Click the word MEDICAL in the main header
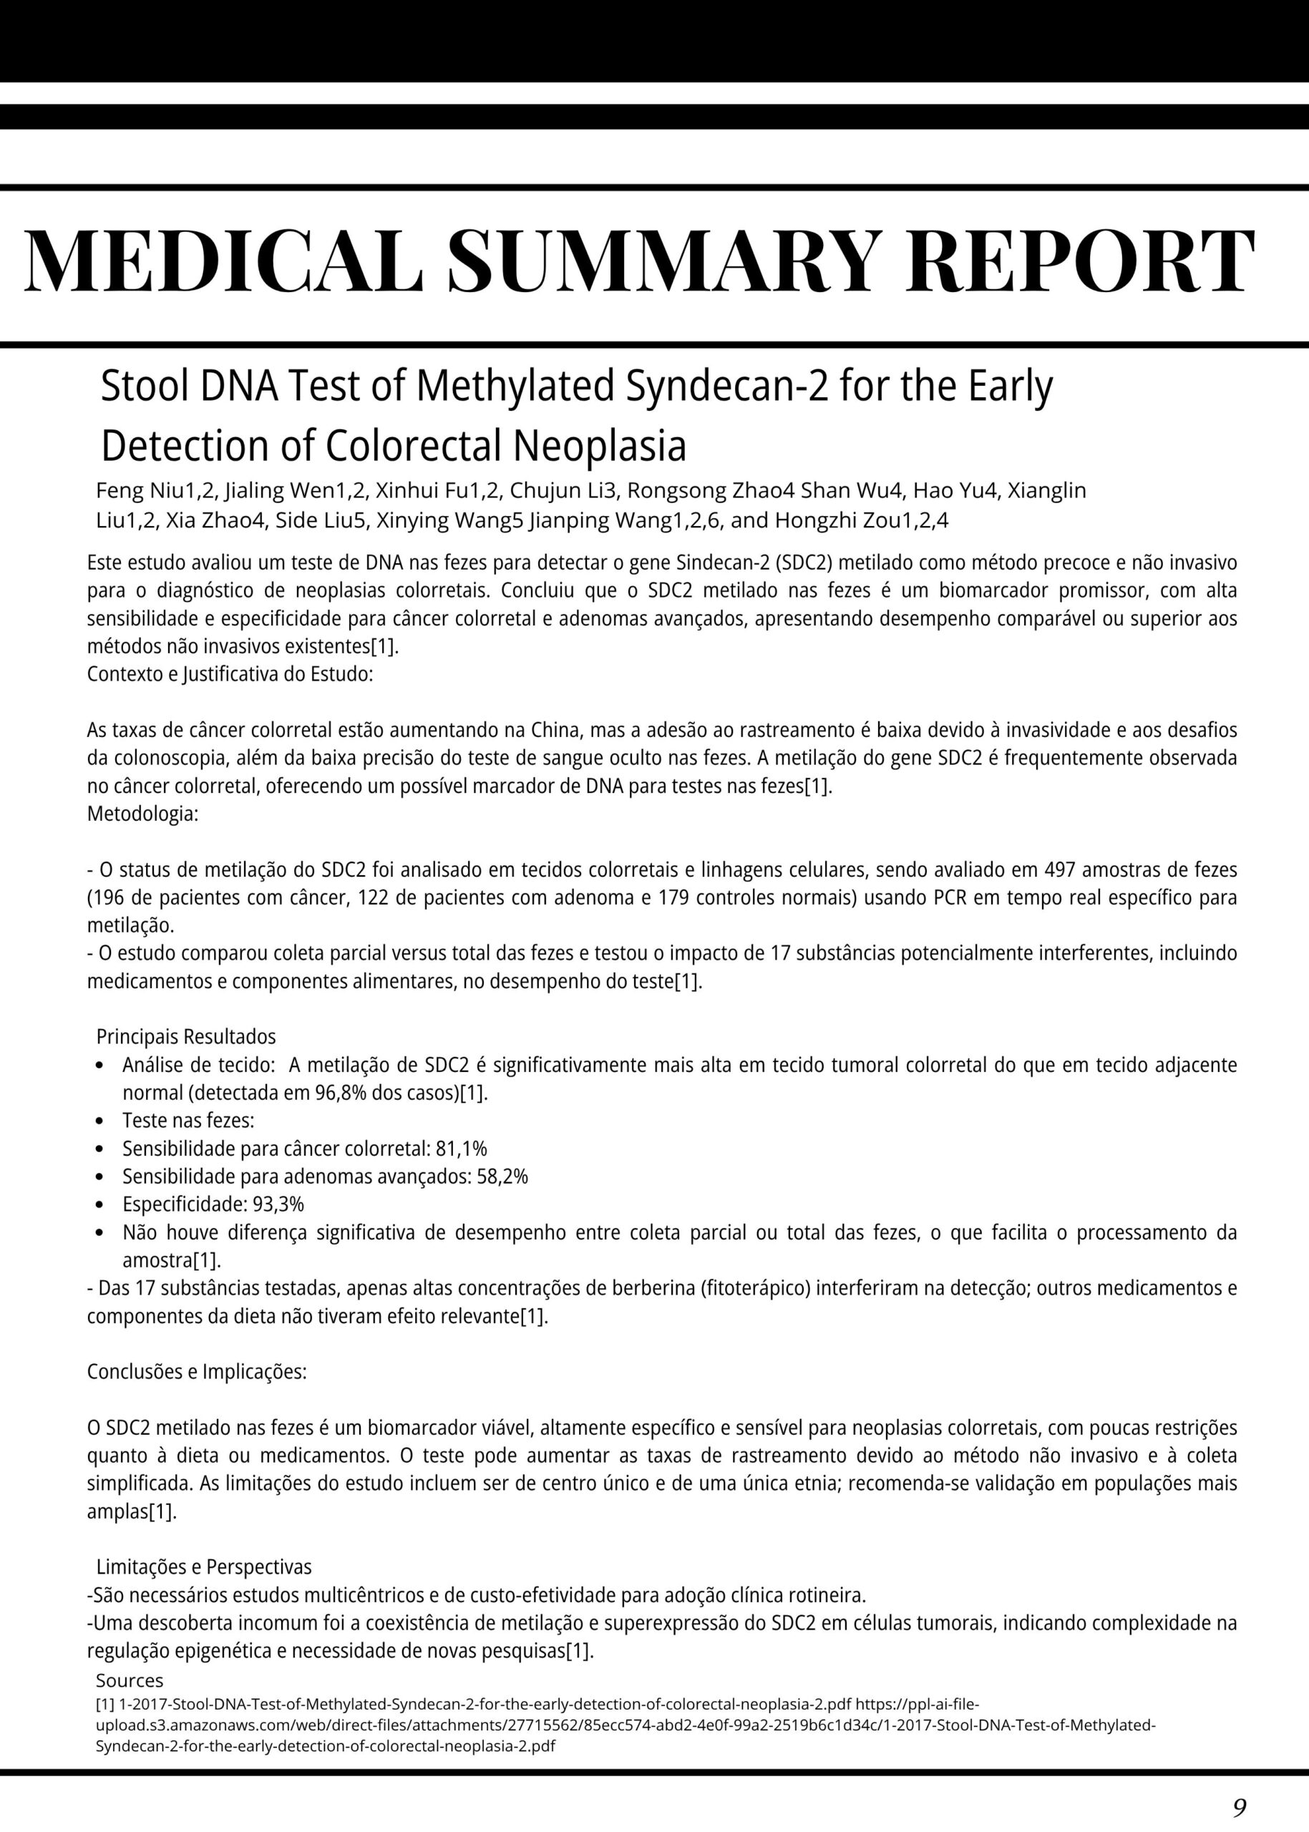[224, 262]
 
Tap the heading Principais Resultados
[186, 1036]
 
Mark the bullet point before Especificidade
[99, 1205]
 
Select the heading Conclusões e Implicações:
[197, 1372]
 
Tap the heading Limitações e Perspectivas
[204, 1567]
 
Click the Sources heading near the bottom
[129, 1680]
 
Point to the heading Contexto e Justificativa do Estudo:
[230, 674]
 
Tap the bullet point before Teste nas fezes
[99, 1121]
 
